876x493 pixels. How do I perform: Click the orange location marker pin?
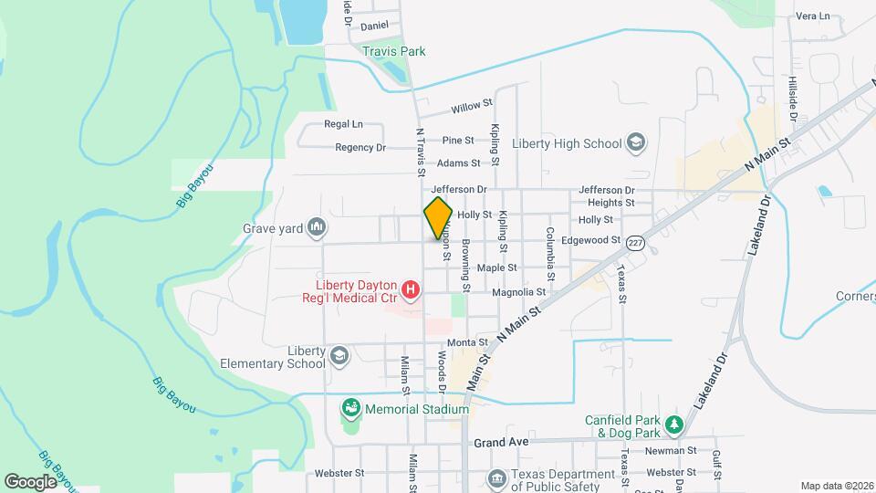click(438, 218)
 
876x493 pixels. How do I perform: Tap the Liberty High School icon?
click(636, 143)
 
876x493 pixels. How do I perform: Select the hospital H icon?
click(411, 290)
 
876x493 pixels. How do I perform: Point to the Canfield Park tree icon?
click(673, 425)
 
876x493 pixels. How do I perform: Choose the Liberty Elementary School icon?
click(339, 355)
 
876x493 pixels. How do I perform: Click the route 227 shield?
click(636, 242)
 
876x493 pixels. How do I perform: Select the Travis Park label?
click(394, 52)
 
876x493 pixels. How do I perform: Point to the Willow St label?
click(472, 107)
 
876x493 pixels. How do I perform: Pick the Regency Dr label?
click(360, 147)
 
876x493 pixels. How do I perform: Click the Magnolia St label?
click(518, 292)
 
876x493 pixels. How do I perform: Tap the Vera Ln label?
click(812, 16)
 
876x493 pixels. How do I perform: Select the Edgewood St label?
click(591, 240)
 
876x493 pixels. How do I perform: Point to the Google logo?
click(30, 481)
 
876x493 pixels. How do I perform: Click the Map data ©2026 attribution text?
click(836, 486)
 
